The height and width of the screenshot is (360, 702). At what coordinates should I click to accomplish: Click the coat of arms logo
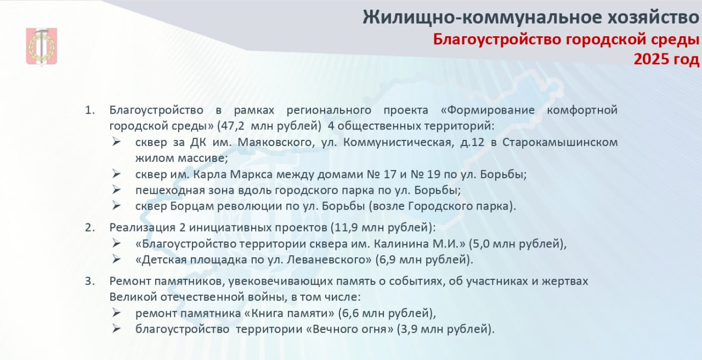(41, 47)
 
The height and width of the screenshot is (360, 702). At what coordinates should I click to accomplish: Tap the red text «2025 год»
(666, 59)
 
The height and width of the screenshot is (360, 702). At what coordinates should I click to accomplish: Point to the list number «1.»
(90, 110)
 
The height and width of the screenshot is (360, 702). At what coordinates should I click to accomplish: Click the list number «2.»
(90, 228)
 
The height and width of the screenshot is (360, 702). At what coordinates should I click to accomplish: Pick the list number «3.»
(90, 282)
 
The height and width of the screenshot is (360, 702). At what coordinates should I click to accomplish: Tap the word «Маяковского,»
(276, 142)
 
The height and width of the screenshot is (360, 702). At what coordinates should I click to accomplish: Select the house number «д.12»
(472, 143)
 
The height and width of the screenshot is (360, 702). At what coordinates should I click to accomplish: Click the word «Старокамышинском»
(560, 142)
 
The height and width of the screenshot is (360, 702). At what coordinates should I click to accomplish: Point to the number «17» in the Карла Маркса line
(390, 175)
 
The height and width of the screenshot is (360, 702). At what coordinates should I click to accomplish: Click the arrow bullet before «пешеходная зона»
(116, 190)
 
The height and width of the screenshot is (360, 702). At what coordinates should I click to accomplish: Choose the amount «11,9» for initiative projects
(346, 228)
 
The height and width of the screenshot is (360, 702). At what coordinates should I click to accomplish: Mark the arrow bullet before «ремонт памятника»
(116, 313)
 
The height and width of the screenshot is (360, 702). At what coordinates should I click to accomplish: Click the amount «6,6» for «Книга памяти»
(350, 313)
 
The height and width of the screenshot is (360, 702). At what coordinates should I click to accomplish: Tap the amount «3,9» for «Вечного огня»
(409, 329)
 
